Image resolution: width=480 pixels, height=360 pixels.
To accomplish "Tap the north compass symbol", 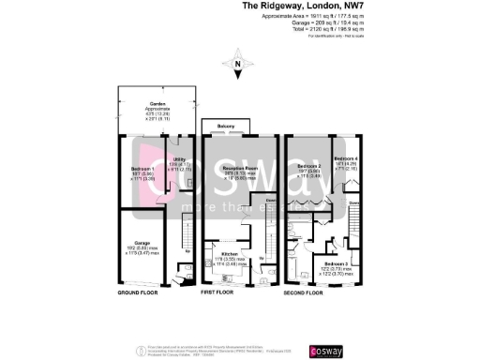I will click(x=238, y=67).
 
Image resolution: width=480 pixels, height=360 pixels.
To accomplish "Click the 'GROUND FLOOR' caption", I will click(x=137, y=292).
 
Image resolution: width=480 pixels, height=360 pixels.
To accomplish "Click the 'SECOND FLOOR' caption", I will click(x=304, y=292).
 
